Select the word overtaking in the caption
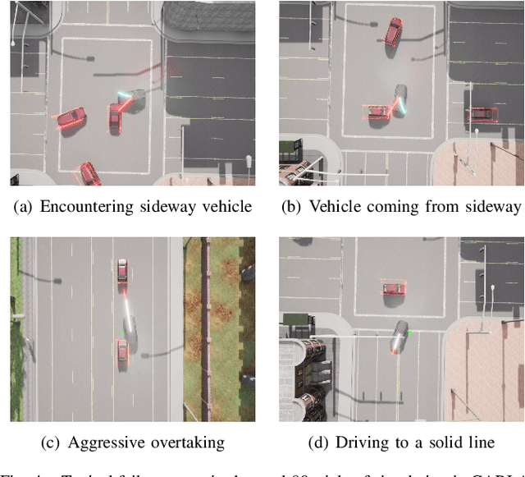186,443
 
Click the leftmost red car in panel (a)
71,120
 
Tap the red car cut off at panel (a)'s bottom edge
89,173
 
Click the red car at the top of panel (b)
394,32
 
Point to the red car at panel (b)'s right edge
482,114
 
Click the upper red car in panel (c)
122,275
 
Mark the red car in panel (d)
393,287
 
